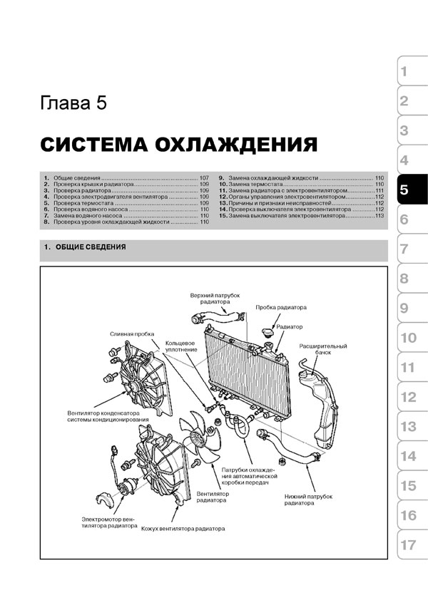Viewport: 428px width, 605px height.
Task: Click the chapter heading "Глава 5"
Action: (73, 103)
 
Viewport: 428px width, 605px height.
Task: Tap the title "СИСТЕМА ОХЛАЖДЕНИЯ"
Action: (179, 145)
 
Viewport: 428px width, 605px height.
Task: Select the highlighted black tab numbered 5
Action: (412, 190)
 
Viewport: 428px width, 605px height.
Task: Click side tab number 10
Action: (412, 338)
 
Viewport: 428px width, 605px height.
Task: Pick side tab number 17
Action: (412, 545)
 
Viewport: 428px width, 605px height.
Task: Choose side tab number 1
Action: (412, 72)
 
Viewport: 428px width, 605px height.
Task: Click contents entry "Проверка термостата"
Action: (83, 203)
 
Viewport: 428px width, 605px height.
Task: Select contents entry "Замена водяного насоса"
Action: (88, 216)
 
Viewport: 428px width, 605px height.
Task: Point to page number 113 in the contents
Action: (379, 216)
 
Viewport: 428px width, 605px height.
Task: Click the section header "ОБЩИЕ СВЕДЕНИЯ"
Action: (91, 247)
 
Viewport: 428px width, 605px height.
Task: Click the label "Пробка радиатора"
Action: (281, 308)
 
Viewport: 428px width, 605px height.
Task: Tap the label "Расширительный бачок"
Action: (323, 349)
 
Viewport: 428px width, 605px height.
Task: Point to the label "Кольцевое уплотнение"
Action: (180, 346)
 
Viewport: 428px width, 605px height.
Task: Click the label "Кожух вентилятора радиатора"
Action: (183, 529)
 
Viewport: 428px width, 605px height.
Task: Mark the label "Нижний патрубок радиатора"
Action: (308, 500)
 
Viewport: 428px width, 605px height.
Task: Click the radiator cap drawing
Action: (267, 333)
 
